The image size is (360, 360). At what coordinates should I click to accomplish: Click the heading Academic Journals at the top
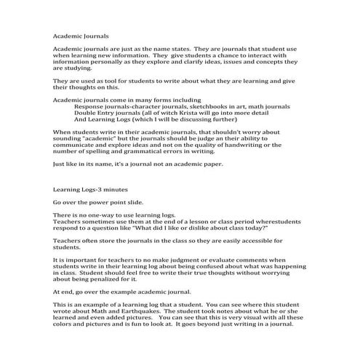coord(82,33)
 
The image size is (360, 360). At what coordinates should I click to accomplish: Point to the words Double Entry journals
coord(110,113)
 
